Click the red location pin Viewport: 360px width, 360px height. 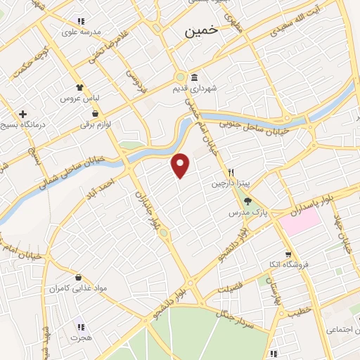click(x=181, y=165)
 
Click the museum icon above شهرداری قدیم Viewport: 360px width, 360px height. click(x=193, y=78)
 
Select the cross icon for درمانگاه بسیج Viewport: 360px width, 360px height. click(x=23, y=113)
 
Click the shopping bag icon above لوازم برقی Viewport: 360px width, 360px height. click(x=94, y=113)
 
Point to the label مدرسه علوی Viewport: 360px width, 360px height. click(x=82, y=32)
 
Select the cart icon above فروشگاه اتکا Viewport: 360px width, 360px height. click(x=288, y=255)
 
